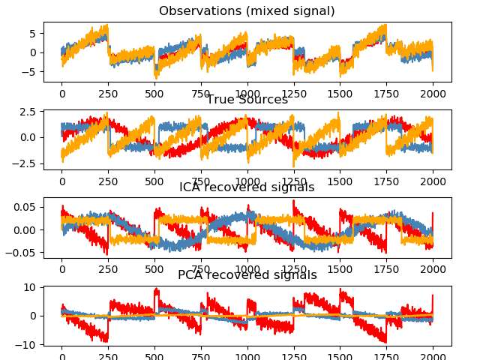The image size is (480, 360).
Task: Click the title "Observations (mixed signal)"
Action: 247,11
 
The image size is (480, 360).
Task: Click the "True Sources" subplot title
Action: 247,100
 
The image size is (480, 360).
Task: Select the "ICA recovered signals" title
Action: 247,187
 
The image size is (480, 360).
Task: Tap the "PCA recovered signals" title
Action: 247,275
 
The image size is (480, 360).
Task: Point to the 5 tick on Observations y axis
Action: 32,34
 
